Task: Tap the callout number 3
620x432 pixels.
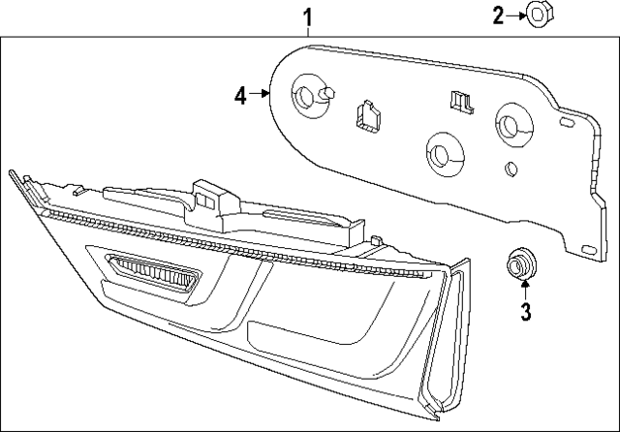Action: [x=524, y=311]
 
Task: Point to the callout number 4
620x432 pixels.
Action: [x=241, y=94]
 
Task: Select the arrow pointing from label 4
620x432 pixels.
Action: [x=263, y=94]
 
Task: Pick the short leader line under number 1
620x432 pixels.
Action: [x=308, y=32]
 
